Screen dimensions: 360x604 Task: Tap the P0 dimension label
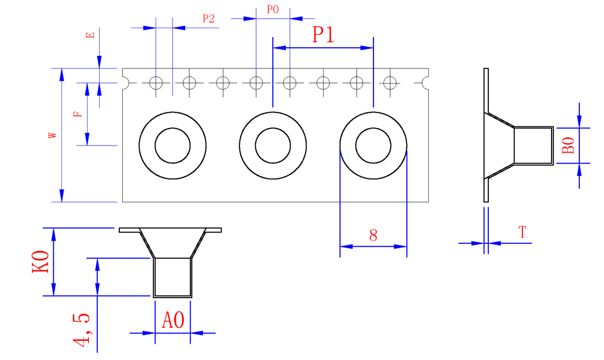coord(273,9)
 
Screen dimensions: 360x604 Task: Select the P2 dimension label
coord(208,19)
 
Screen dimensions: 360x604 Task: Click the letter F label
coord(77,114)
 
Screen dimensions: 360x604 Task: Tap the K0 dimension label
coord(40,262)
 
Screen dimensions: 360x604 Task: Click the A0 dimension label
coord(173,321)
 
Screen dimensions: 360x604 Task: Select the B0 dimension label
coord(568,146)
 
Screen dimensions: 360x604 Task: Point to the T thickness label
coord(522,233)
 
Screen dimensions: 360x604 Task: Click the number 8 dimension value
coord(373,235)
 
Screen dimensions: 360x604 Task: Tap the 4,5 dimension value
coord(82,330)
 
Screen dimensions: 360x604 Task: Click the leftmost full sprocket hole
coord(156,82)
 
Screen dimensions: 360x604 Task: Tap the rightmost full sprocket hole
coord(390,82)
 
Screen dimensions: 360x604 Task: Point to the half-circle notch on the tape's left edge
coord(125,82)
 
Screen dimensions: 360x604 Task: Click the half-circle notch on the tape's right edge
coord(426,82)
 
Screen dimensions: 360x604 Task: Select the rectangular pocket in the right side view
coord(534,146)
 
